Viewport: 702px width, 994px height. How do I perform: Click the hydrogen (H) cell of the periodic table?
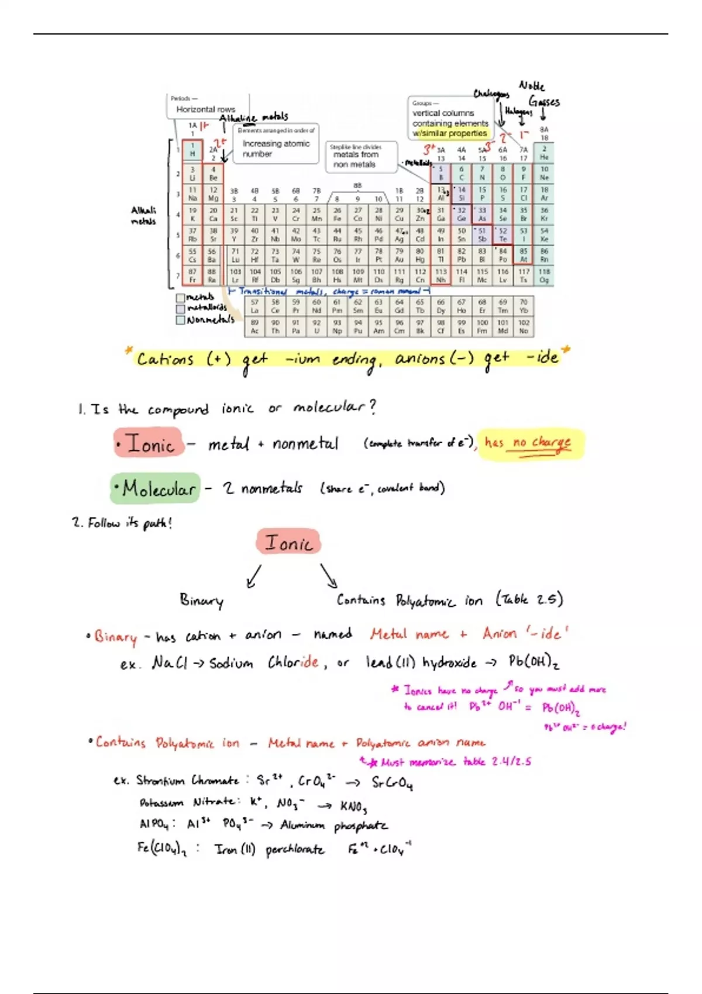coord(192,150)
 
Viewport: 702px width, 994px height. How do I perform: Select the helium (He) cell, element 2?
coord(544,153)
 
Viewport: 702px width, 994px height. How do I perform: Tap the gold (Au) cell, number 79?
coord(399,255)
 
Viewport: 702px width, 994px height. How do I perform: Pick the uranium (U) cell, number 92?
coord(316,326)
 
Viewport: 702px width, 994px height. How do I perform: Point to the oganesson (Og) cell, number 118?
coord(544,276)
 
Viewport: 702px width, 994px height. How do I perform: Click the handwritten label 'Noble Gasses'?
coord(539,94)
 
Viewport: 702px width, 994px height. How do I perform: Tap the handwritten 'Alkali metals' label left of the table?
coord(143,215)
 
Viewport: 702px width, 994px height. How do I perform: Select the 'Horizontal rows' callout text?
coord(205,109)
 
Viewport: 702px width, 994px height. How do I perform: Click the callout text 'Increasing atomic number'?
coord(276,149)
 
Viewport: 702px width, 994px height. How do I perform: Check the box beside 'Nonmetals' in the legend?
coord(181,320)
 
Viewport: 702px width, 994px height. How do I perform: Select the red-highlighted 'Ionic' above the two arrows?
coord(288,543)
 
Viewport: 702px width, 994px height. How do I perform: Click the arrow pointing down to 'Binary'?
coord(254,576)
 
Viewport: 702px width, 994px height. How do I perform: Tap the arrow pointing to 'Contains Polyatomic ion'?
coord(329,575)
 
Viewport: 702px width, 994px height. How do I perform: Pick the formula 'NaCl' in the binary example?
coord(169,662)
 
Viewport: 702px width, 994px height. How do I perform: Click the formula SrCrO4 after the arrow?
coord(392,782)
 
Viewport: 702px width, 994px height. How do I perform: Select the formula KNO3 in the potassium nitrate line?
coord(353,806)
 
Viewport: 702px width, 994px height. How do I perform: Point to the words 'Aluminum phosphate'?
coord(333,826)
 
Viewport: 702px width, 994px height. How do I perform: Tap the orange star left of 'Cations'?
coord(129,351)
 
